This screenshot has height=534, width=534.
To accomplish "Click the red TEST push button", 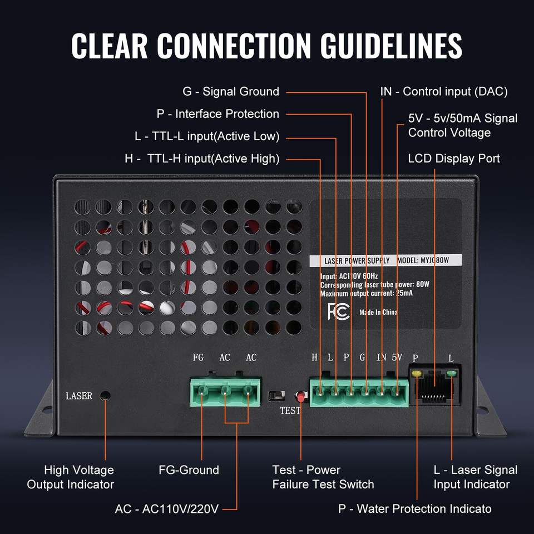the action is pos(301,397).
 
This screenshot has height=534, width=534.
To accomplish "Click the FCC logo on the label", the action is pos(338,311).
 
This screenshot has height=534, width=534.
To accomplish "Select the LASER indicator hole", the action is pos(106,395).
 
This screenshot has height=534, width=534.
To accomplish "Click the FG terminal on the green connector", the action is pos(201,391).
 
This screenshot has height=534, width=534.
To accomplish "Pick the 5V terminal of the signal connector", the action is pos(397,391).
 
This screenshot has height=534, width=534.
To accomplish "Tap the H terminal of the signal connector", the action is pos(320,391).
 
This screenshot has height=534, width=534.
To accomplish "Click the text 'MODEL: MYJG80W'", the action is pos(423,260).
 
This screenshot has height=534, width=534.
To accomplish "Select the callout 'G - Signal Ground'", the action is pos(231,92).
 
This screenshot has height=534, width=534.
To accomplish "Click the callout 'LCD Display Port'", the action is pos(454,159).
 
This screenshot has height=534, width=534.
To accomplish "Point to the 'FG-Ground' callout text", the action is pos(189,470).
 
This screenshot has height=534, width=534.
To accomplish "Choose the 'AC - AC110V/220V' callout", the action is pos(166,509).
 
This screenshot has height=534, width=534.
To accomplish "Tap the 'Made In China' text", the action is pos(378,312).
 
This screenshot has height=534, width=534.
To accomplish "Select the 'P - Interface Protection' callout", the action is pos(218,114).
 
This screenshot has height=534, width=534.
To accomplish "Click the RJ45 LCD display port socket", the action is pos(434,385).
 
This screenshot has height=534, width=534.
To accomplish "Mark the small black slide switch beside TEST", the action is pos(276,396).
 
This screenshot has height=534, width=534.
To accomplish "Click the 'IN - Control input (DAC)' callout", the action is pos(444,92).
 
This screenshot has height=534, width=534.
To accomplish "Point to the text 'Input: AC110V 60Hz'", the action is pos(349,276).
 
